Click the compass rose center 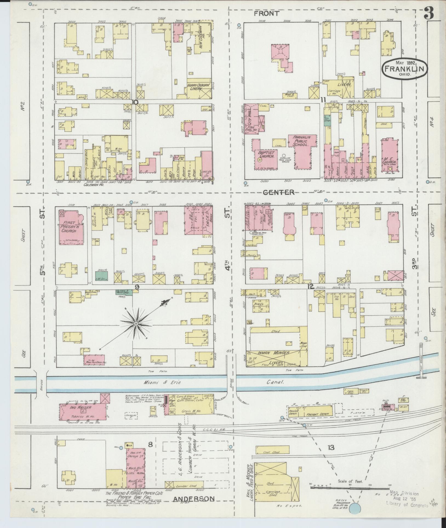click(x=136, y=324)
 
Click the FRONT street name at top click(x=262, y=13)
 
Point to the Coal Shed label click(x=272, y=452)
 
